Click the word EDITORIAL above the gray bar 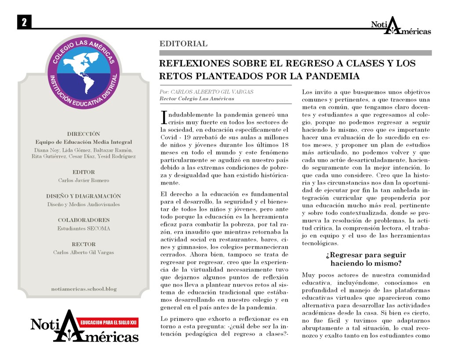[183, 44]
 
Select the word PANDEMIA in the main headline [330, 76]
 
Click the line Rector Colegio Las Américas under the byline [197, 99]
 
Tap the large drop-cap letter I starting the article [164, 116]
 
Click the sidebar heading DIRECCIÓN [83, 134]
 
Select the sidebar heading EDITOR [83, 172]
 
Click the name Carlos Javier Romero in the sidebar [83, 180]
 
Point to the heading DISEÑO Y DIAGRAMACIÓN [83, 196]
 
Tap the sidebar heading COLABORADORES [83, 220]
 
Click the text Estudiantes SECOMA [83, 228]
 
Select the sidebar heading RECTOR [83, 244]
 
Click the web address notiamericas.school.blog [83, 289]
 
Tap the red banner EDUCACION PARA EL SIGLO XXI [108, 323]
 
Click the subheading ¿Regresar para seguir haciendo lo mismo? [366, 259]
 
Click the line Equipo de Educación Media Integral [83, 142]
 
